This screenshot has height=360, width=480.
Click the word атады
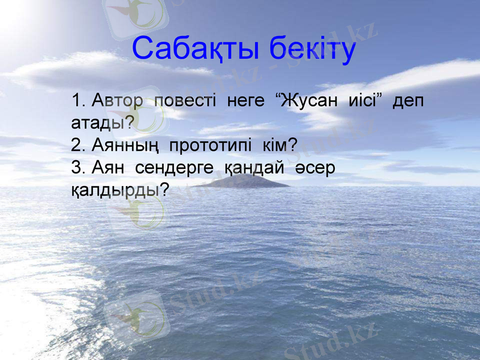click(99, 123)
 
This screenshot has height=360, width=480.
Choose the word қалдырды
click(113, 191)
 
